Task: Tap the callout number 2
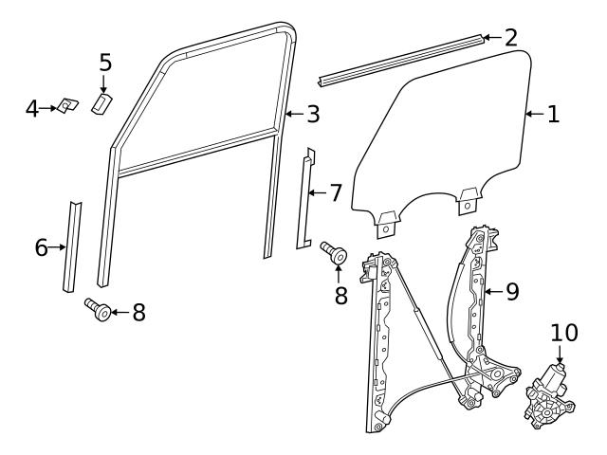(511, 38)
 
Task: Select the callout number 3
(312, 115)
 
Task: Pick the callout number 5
(105, 63)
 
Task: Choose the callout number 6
(41, 248)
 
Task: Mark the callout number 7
(335, 193)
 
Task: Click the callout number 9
(512, 292)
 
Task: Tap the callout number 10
(563, 334)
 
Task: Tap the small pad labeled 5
(102, 101)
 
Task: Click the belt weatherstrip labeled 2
(398, 60)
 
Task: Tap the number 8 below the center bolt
(340, 296)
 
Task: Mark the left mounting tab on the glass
(387, 224)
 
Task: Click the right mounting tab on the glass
(468, 199)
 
